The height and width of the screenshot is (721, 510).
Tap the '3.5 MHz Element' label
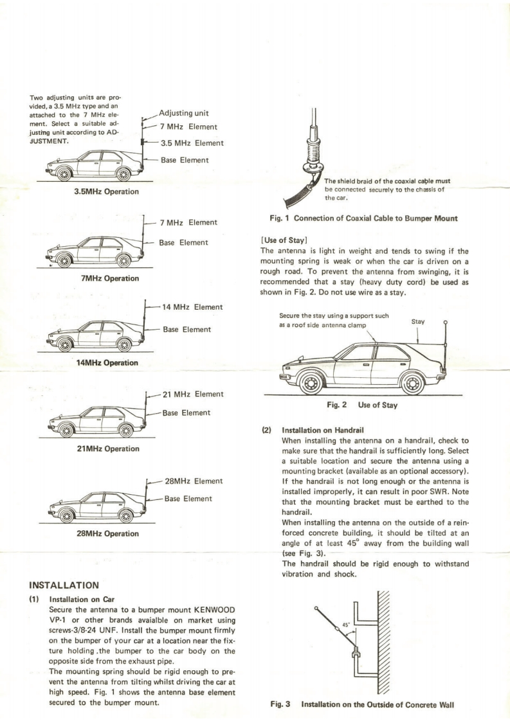(191, 143)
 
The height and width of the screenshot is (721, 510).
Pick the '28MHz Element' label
(194, 480)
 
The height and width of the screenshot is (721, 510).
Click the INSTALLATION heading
(63, 585)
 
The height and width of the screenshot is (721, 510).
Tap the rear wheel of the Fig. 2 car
(413, 384)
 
